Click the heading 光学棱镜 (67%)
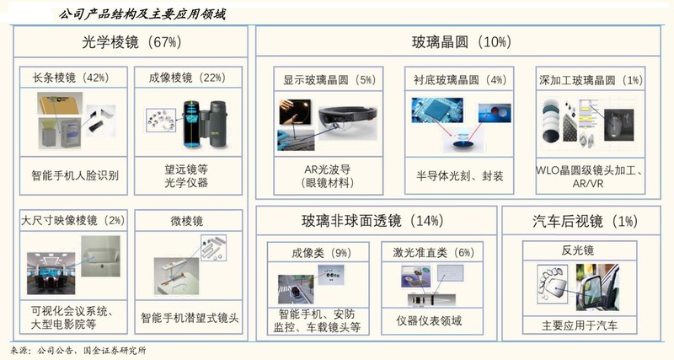131,42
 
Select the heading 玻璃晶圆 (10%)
461,41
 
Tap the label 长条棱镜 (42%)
71,78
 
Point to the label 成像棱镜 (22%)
187,78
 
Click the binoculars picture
205,124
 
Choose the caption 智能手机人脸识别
75,175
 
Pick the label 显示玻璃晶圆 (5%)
329,80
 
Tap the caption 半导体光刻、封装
459,176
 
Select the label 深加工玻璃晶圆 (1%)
591,80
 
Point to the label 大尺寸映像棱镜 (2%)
73,221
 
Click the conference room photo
51,273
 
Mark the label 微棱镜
187,221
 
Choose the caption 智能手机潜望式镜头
190,319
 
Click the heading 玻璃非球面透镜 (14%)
372,221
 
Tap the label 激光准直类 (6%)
433,252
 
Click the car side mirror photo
598,287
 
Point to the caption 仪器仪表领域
429,321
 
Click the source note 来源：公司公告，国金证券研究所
78,351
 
